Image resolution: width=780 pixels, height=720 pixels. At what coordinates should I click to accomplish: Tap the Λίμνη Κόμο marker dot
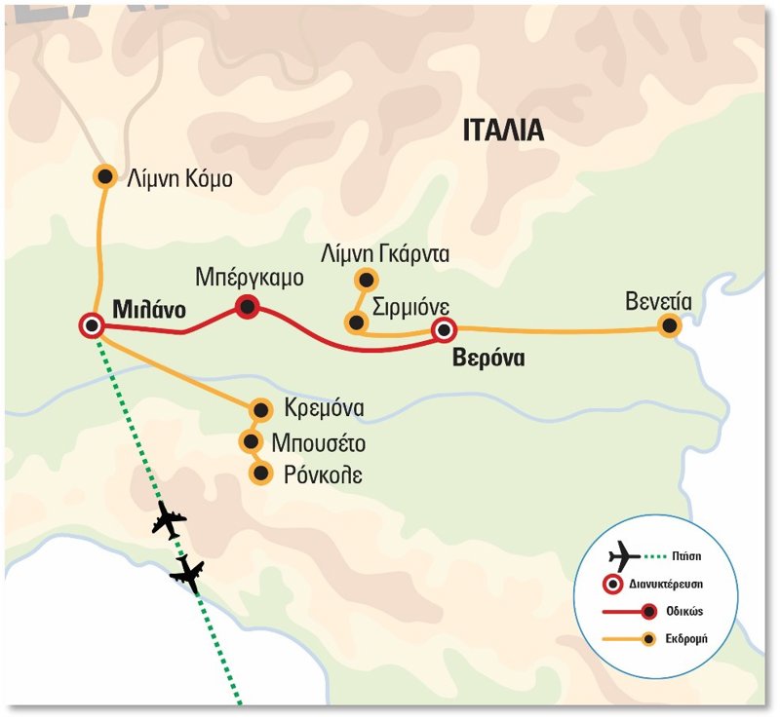click(104, 176)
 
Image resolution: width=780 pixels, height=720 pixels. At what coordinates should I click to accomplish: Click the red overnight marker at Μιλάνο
click(92, 326)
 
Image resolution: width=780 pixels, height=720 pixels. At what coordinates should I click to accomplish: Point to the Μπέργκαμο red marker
click(248, 308)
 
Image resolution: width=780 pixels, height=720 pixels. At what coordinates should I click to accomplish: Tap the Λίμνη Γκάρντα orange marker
click(365, 279)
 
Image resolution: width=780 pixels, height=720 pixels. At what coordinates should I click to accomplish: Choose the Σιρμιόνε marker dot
click(356, 322)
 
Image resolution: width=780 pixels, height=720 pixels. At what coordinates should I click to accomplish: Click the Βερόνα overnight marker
click(445, 330)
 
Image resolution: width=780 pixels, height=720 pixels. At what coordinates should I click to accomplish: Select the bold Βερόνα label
click(488, 359)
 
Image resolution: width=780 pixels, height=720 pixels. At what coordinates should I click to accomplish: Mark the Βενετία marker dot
click(668, 326)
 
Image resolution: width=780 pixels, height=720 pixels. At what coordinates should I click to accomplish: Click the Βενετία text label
click(659, 301)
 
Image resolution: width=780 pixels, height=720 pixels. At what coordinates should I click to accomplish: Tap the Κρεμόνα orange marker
click(260, 408)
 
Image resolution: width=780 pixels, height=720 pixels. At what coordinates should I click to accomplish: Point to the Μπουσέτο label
click(319, 444)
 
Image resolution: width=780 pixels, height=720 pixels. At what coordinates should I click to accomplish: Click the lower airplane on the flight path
click(187, 574)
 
